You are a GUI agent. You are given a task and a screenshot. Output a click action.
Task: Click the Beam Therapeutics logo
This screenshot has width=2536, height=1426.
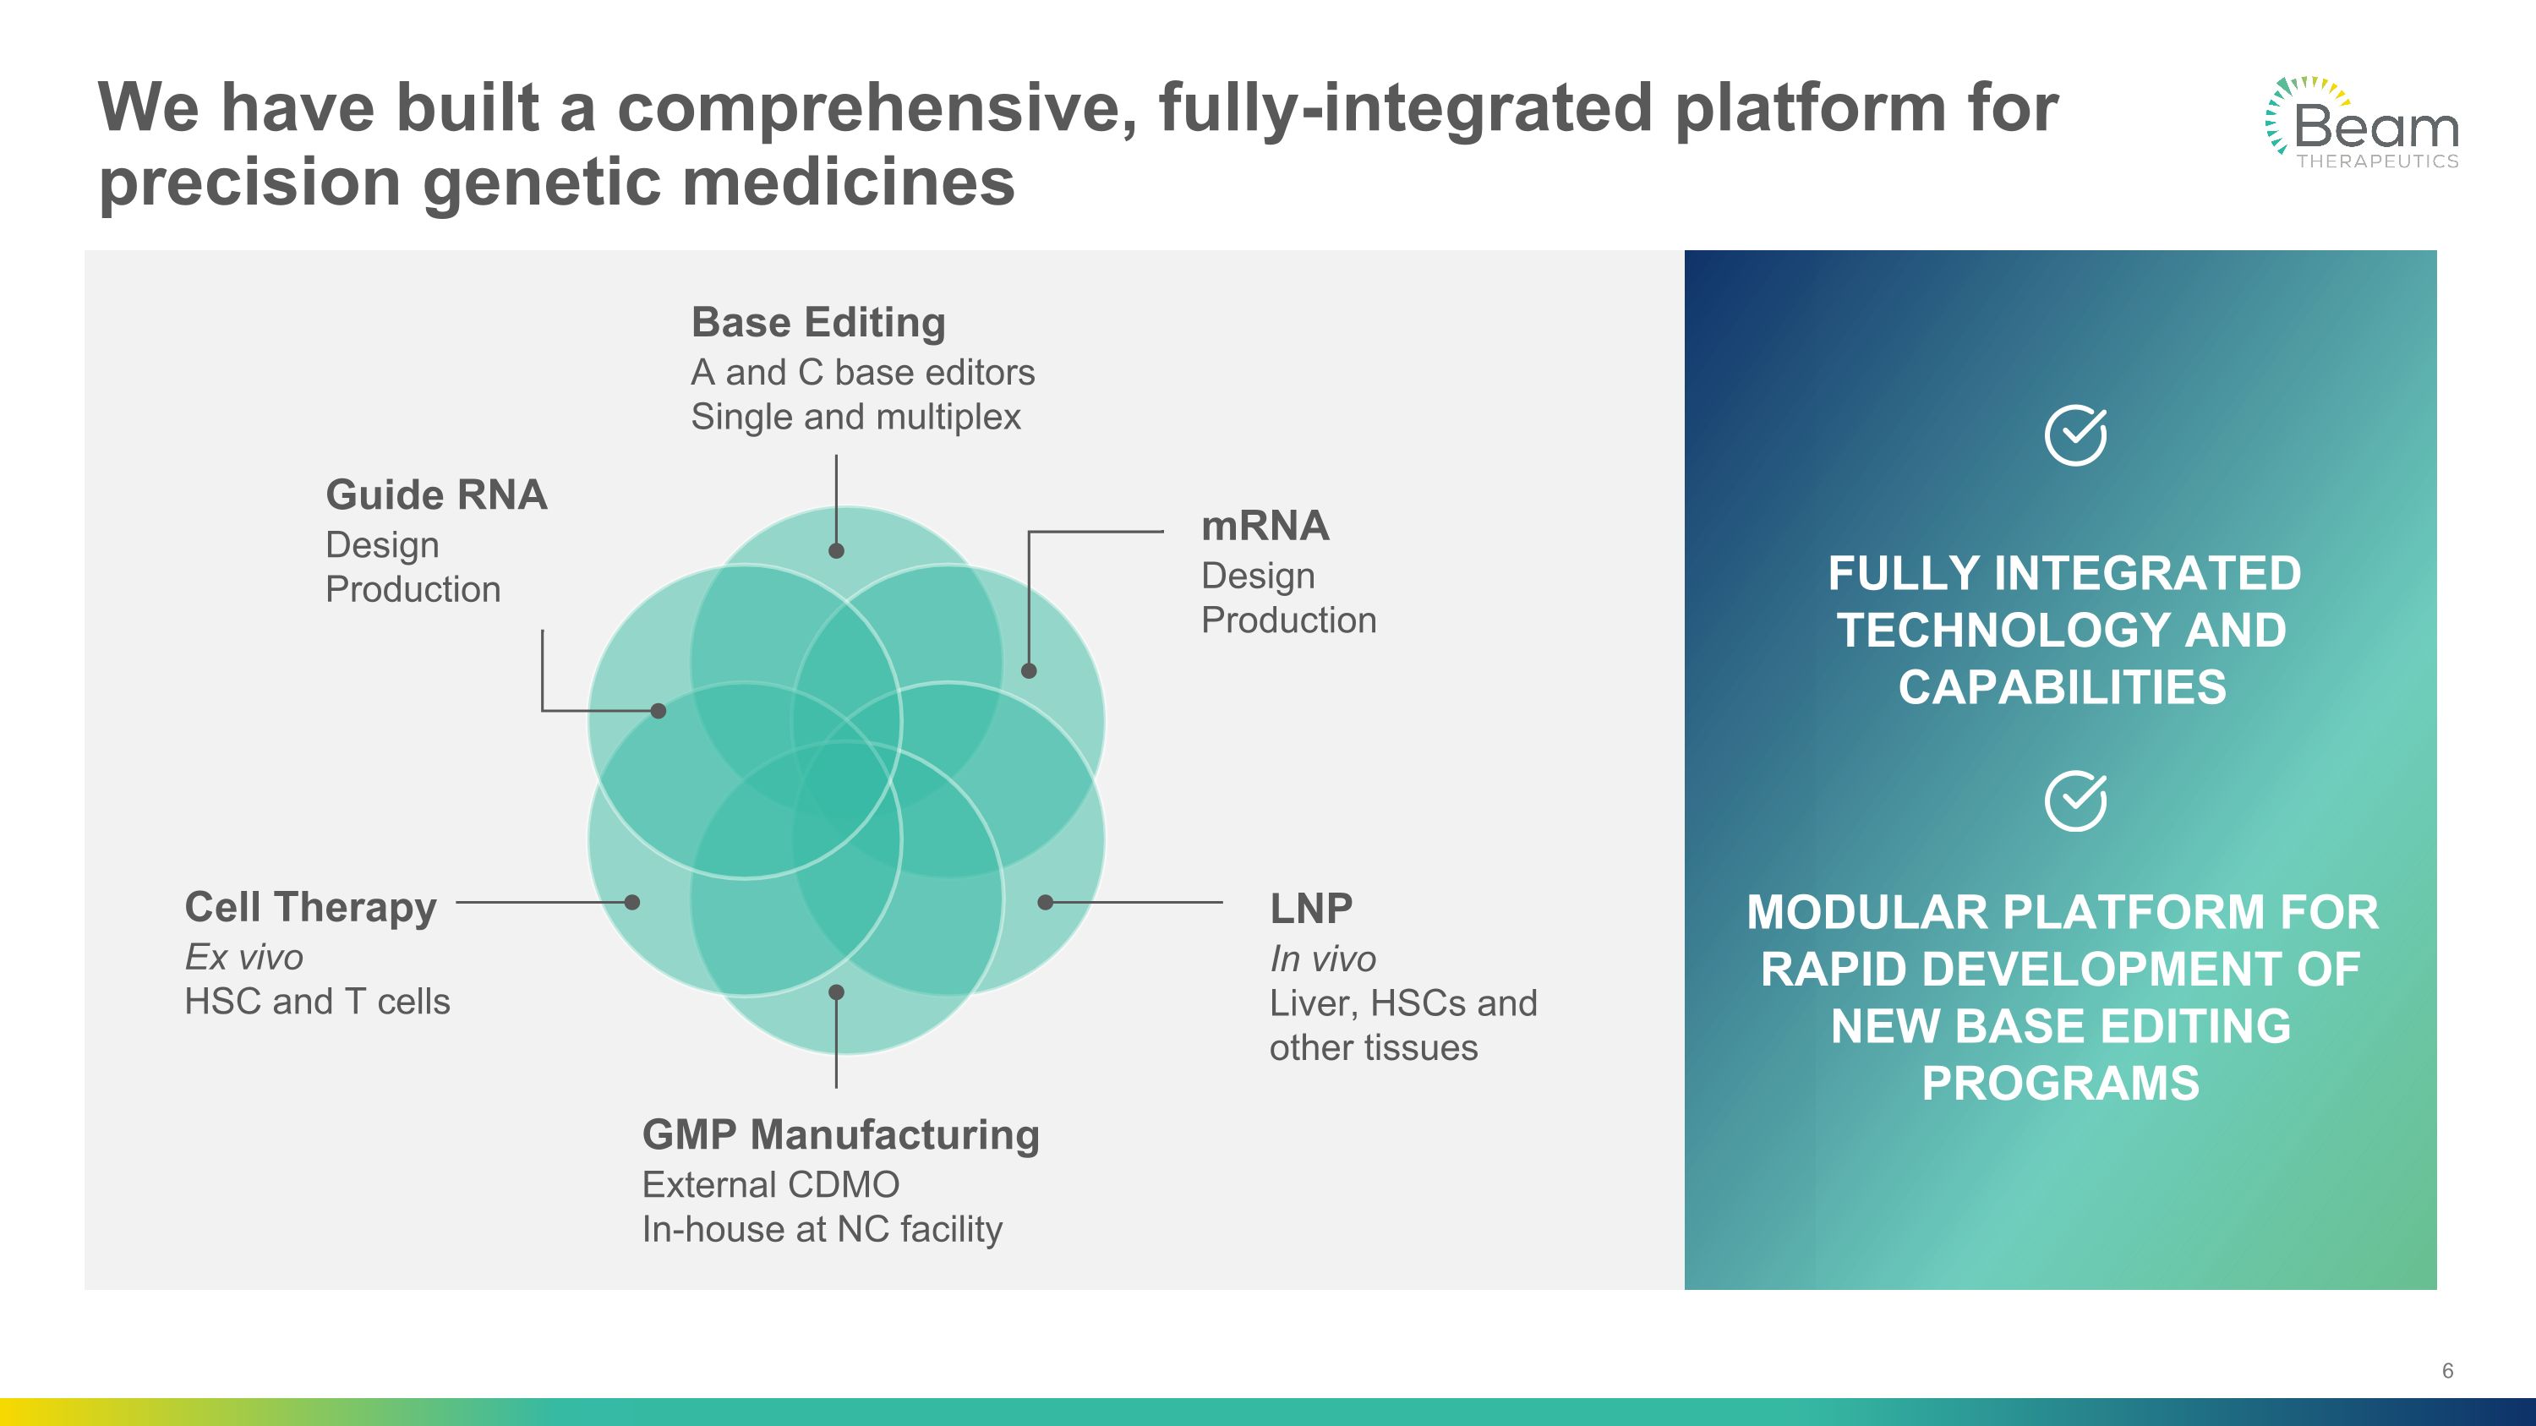(2362, 124)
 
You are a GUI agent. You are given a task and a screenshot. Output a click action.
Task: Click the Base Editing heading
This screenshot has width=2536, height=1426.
(818, 323)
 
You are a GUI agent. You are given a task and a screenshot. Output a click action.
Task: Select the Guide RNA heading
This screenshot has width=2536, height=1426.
(436, 495)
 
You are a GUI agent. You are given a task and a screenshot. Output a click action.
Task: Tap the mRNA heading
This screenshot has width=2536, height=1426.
(1265, 527)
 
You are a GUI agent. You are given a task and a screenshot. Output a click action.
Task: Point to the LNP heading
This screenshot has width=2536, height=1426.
(1310, 909)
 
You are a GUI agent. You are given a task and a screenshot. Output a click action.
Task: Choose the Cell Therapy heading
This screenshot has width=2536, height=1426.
(310, 907)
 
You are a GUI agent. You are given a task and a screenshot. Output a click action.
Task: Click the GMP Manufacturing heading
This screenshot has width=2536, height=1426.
(839, 1134)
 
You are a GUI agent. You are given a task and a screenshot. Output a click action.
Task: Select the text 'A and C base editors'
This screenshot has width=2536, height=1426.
(862, 373)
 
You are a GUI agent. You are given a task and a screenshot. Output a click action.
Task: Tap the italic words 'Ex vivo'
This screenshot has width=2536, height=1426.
(243, 958)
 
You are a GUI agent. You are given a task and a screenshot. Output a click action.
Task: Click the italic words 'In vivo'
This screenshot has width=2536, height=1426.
(1322, 959)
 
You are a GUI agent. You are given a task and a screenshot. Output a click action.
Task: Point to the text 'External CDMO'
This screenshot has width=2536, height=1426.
(770, 1185)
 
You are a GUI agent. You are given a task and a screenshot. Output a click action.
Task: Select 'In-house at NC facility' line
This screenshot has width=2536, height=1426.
(821, 1229)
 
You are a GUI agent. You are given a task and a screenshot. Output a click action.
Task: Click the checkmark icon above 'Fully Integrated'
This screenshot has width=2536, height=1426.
(2075, 435)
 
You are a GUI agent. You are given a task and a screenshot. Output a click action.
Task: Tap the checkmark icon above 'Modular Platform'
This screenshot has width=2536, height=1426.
(2075, 801)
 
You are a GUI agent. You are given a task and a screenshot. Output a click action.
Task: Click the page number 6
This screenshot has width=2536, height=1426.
(2447, 1371)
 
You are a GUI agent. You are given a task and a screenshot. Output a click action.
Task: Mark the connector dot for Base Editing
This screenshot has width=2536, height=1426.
(836, 551)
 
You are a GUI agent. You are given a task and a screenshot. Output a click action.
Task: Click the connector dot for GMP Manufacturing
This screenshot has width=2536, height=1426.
(836, 992)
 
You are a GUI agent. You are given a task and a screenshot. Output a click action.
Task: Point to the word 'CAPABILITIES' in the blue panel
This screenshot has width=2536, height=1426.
(2062, 688)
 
